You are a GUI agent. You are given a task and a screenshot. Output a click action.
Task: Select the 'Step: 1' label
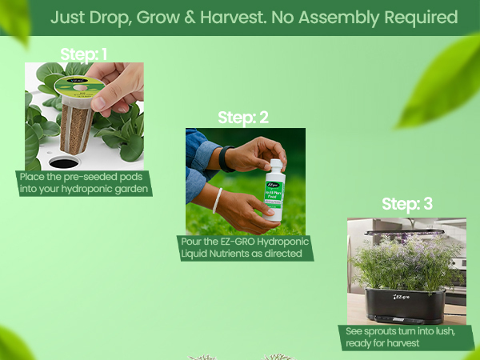point(83,54)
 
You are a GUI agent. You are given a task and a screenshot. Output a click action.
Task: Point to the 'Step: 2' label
point(242,118)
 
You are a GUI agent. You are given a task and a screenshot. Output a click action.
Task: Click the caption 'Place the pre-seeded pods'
point(82,177)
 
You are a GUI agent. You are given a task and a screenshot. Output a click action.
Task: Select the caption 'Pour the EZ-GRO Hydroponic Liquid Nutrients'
point(244,247)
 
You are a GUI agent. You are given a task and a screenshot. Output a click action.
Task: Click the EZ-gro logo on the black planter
point(404,300)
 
